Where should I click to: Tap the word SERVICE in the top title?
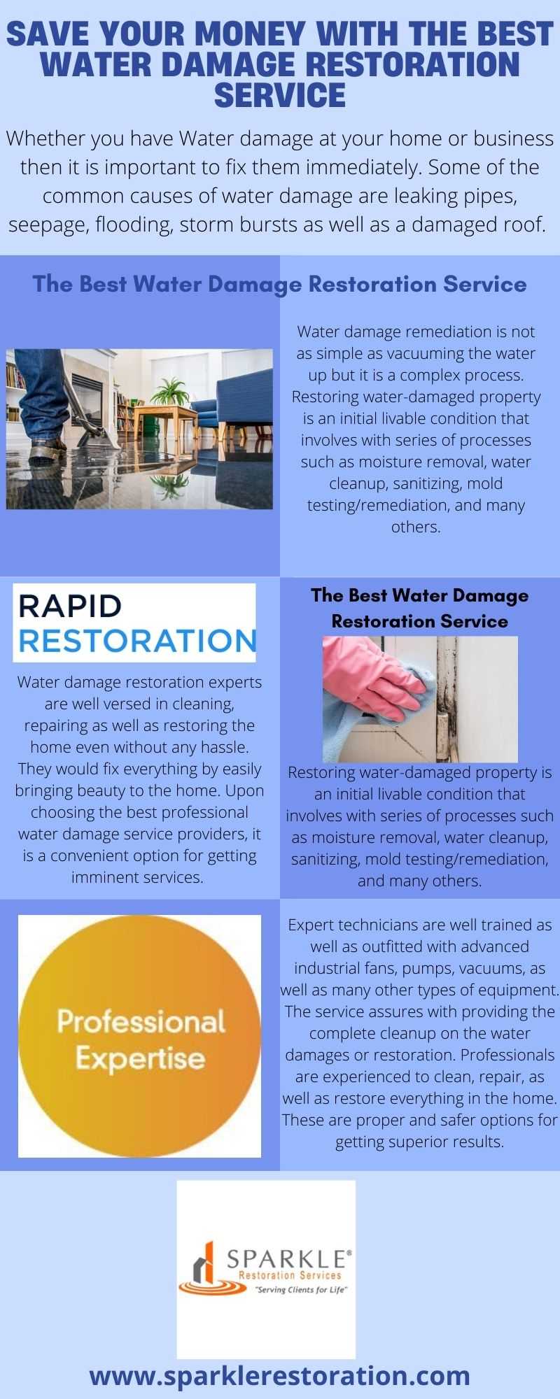pyautogui.click(x=280, y=95)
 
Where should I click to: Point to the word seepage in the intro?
pyautogui.click(x=45, y=225)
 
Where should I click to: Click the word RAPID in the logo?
pyautogui.click(x=70, y=606)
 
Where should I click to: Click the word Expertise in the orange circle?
pyautogui.click(x=140, y=1058)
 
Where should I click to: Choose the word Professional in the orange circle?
pyautogui.click(x=141, y=1022)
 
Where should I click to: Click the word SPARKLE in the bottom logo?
pyautogui.click(x=287, y=1260)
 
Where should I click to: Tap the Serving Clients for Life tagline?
pyautogui.click(x=301, y=1290)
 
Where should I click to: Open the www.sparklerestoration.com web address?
pyautogui.click(x=280, y=1375)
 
